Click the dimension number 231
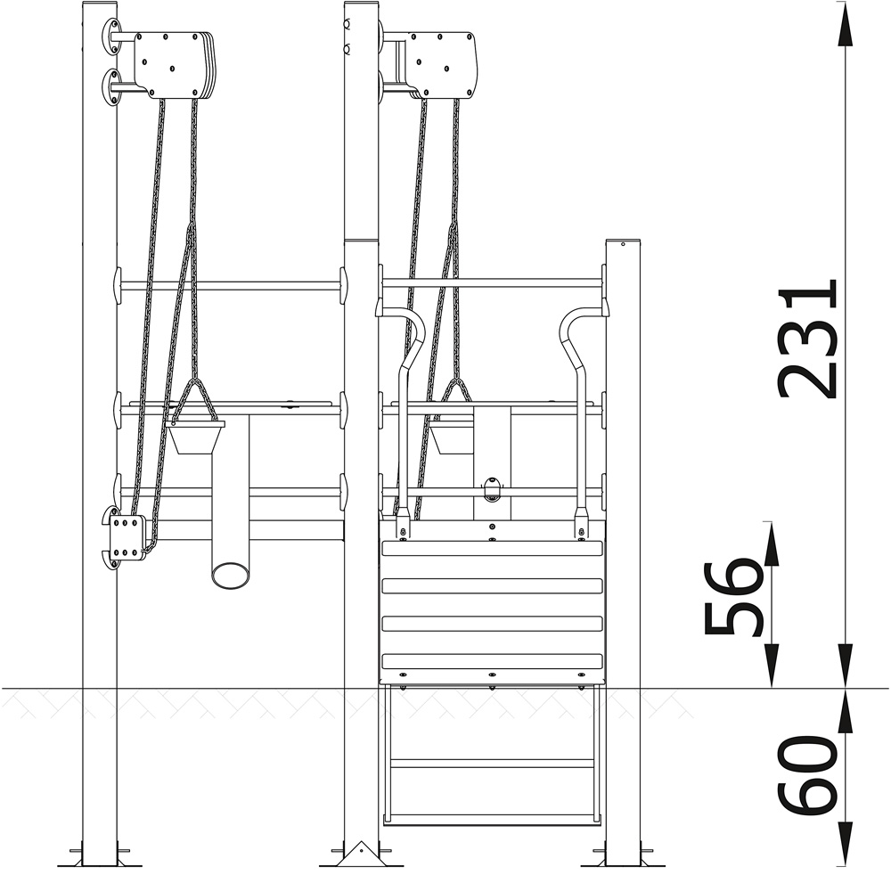(808, 339)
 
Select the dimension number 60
(808, 773)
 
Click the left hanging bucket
(195, 437)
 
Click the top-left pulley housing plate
(174, 65)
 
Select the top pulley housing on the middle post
(442, 65)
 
